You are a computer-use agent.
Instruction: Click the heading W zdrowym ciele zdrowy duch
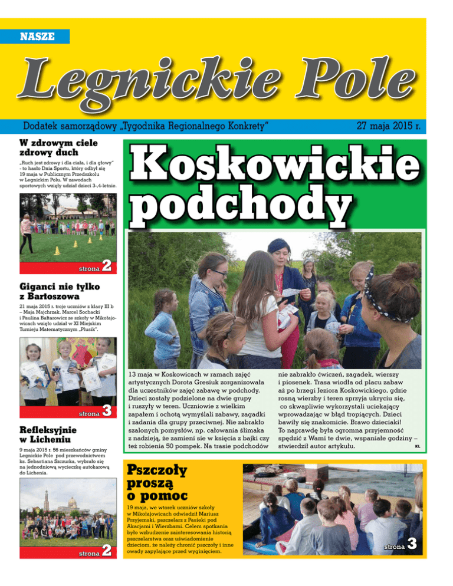coord(58,147)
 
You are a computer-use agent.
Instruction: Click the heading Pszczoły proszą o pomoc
coord(150,481)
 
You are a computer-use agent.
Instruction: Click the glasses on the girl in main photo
coord(218,273)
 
